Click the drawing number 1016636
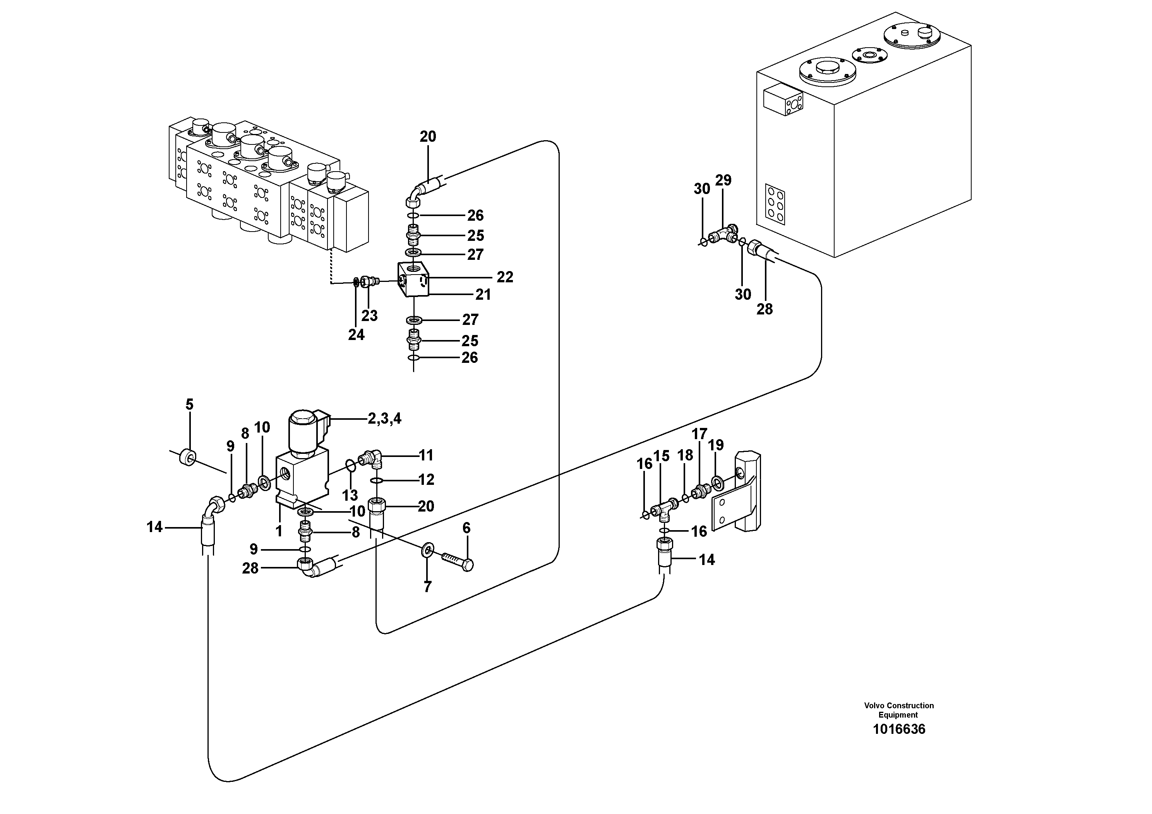(898, 729)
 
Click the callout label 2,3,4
(384, 419)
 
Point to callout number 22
(505, 277)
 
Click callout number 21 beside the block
(483, 295)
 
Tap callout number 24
(356, 335)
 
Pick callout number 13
(350, 495)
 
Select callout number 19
(716, 445)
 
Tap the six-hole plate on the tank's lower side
(775, 204)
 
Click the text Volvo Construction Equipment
(898, 710)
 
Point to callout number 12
(426, 480)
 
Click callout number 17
(699, 434)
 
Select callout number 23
(369, 316)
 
